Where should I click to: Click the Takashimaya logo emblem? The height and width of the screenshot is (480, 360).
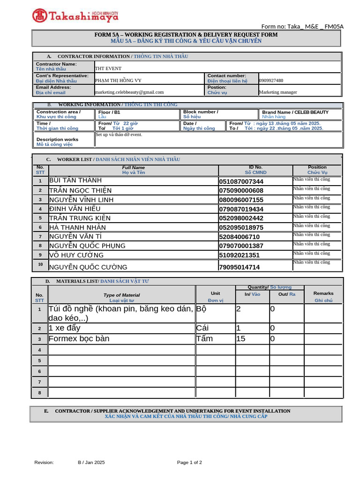(39, 15)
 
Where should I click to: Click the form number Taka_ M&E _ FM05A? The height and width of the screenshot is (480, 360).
(302, 26)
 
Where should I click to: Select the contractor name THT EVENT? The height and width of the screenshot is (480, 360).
(108, 68)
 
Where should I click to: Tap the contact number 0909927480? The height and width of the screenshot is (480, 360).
(271, 81)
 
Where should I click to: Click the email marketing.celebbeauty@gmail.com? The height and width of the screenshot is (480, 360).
(129, 92)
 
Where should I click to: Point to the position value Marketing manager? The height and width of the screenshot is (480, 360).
(278, 92)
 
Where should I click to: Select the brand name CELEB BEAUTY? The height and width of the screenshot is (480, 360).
(311, 112)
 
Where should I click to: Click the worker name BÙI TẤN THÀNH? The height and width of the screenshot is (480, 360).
(75, 180)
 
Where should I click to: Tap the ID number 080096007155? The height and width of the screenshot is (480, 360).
(241, 200)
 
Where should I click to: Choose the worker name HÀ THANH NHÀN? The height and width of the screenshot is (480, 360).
(77, 227)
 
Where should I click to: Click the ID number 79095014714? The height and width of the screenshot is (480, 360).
(239, 267)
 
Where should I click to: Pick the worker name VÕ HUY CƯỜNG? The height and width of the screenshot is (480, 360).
(76, 255)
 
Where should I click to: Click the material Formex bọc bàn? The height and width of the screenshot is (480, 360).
(79, 338)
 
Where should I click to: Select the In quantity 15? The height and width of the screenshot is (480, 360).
(240, 338)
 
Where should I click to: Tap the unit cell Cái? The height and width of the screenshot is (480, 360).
(202, 328)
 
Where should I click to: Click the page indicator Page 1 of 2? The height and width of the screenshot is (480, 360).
(189, 463)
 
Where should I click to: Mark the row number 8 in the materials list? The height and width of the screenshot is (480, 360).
(40, 393)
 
